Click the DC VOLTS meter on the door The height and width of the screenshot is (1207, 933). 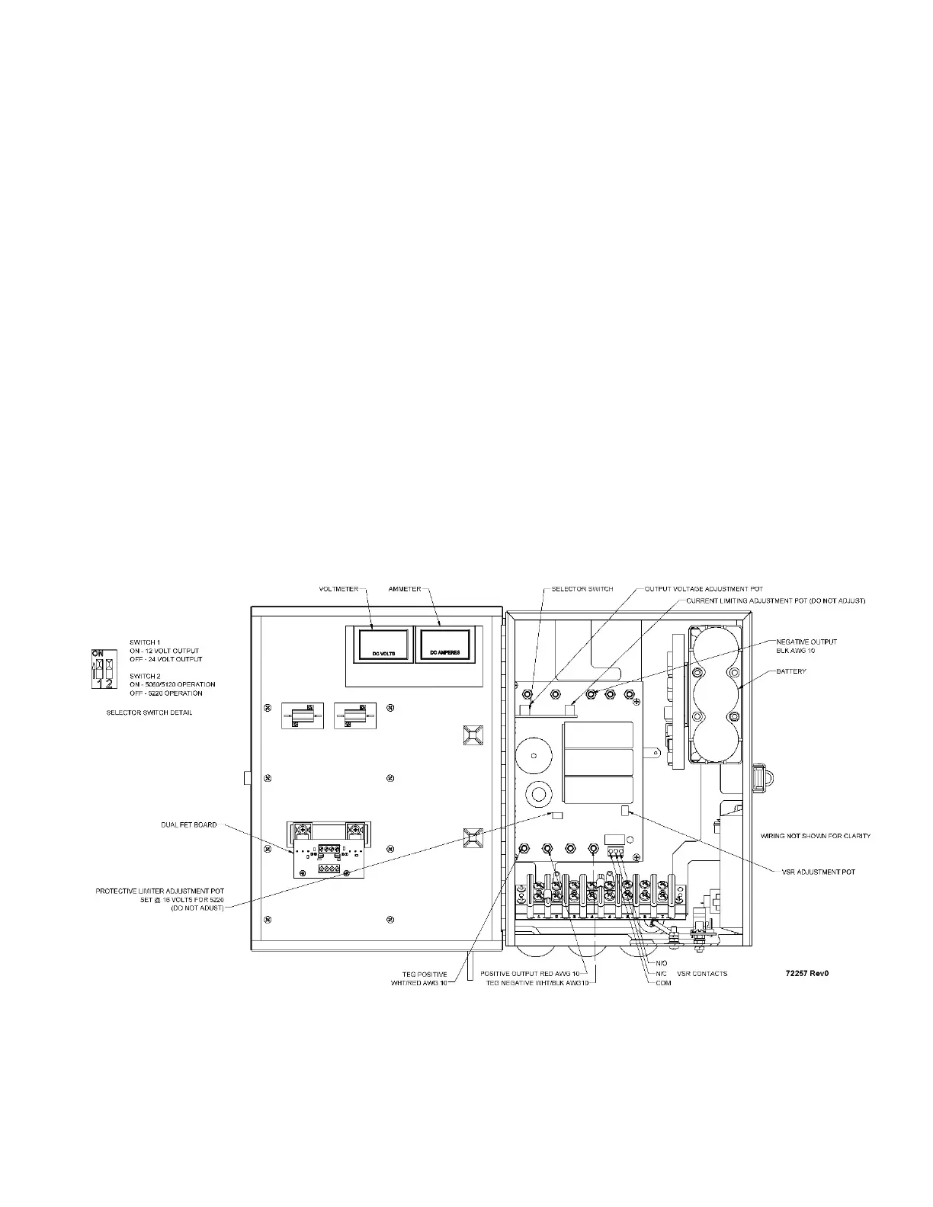click(x=380, y=645)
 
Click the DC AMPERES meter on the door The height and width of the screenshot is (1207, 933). click(x=444, y=645)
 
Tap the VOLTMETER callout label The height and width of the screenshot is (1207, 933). click(x=338, y=589)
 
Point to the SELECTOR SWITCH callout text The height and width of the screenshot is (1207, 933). click(x=582, y=589)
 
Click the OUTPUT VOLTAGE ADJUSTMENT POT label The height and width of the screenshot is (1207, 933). click(x=704, y=589)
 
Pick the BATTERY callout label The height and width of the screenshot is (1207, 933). click(x=791, y=671)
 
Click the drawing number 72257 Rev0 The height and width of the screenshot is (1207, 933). click(x=807, y=974)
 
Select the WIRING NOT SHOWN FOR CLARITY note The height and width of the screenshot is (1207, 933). click(x=816, y=836)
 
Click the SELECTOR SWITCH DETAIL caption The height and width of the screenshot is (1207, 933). click(x=149, y=712)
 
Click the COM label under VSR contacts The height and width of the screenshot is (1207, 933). click(x=662, y=983)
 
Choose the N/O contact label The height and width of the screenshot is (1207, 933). click(x=661, y=964)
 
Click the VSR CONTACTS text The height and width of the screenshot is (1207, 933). click(x=702, y=974)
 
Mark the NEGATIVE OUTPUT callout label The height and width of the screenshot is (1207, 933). click(x=806, y=642)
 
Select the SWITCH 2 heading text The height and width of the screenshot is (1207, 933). click(x=145, y=676)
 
